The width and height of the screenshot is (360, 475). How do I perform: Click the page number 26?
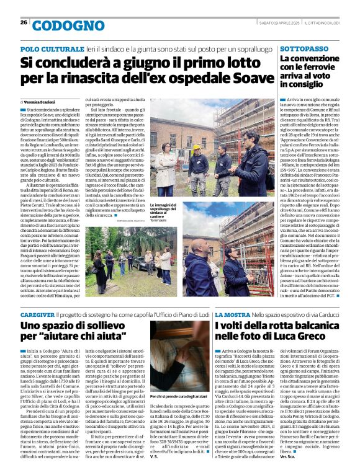24,22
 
